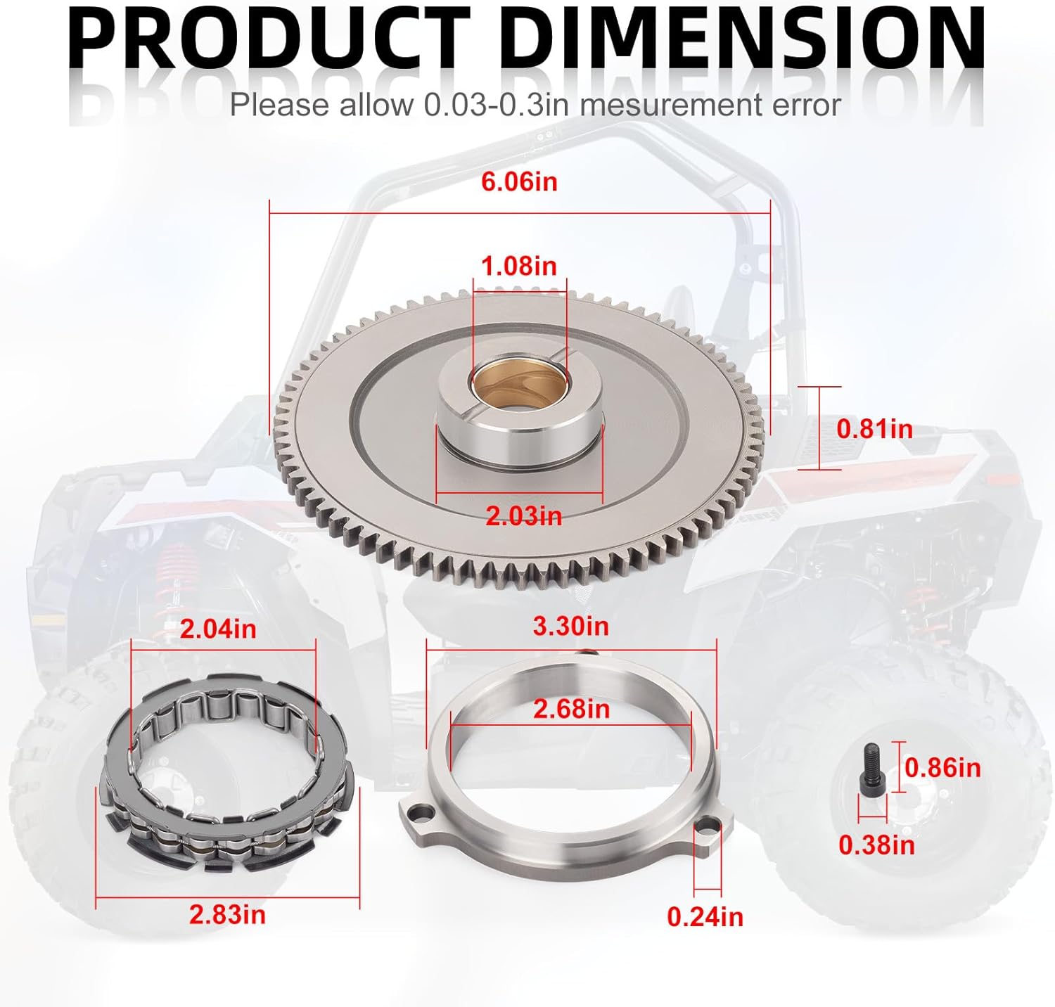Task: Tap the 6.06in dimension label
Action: (x=519, y=181)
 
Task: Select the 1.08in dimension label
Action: (x=518, y=266)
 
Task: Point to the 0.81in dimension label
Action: (x=874, y=429)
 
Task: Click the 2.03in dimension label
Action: (x=524, y=516)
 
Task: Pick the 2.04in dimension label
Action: (x=218, y=629)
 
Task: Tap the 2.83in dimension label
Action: (x=227, y=914)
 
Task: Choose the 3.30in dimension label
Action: (x=570, y=626)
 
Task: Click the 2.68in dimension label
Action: (x=571, y=709)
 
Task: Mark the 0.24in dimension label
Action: (x=705, y=917)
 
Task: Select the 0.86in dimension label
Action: (x=942, y=767)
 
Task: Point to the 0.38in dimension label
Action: (x=876, y=845)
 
